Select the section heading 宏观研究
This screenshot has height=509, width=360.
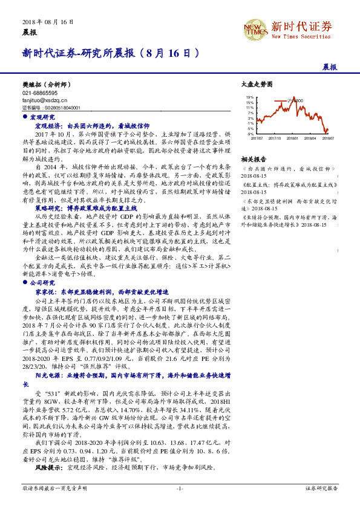[42, 116]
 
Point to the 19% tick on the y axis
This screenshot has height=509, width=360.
[250, 97]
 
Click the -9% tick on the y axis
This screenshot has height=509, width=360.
[250, 134]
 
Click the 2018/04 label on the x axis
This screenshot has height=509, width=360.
[310, 138]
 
